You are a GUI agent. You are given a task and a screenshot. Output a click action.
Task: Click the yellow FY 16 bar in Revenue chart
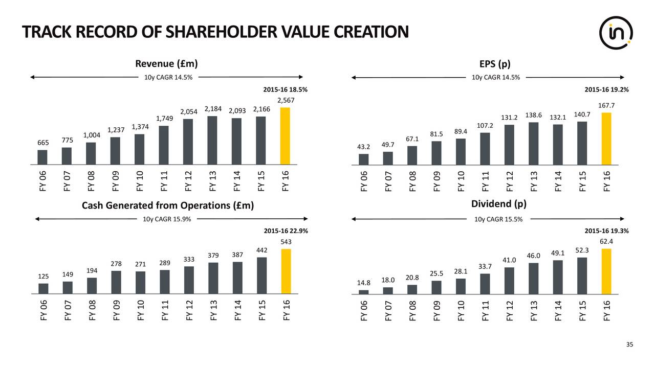286,136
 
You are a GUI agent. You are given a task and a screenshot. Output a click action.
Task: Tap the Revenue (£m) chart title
166,63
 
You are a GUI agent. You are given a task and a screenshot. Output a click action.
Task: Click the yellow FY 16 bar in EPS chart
606,139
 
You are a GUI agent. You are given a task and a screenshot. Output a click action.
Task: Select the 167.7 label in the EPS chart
606,105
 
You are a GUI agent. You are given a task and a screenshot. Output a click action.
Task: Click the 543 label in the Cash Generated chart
286,241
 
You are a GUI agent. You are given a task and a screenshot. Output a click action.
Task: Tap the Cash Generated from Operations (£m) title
168,205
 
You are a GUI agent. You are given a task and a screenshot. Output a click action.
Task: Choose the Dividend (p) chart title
498,204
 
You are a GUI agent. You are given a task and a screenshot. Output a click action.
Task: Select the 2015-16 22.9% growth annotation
286,231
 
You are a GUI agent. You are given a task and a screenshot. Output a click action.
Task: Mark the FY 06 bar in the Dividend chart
364,292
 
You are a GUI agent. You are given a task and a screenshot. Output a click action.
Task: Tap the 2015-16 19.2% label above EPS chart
606,89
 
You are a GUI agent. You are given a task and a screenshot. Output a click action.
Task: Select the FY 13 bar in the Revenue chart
212,141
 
